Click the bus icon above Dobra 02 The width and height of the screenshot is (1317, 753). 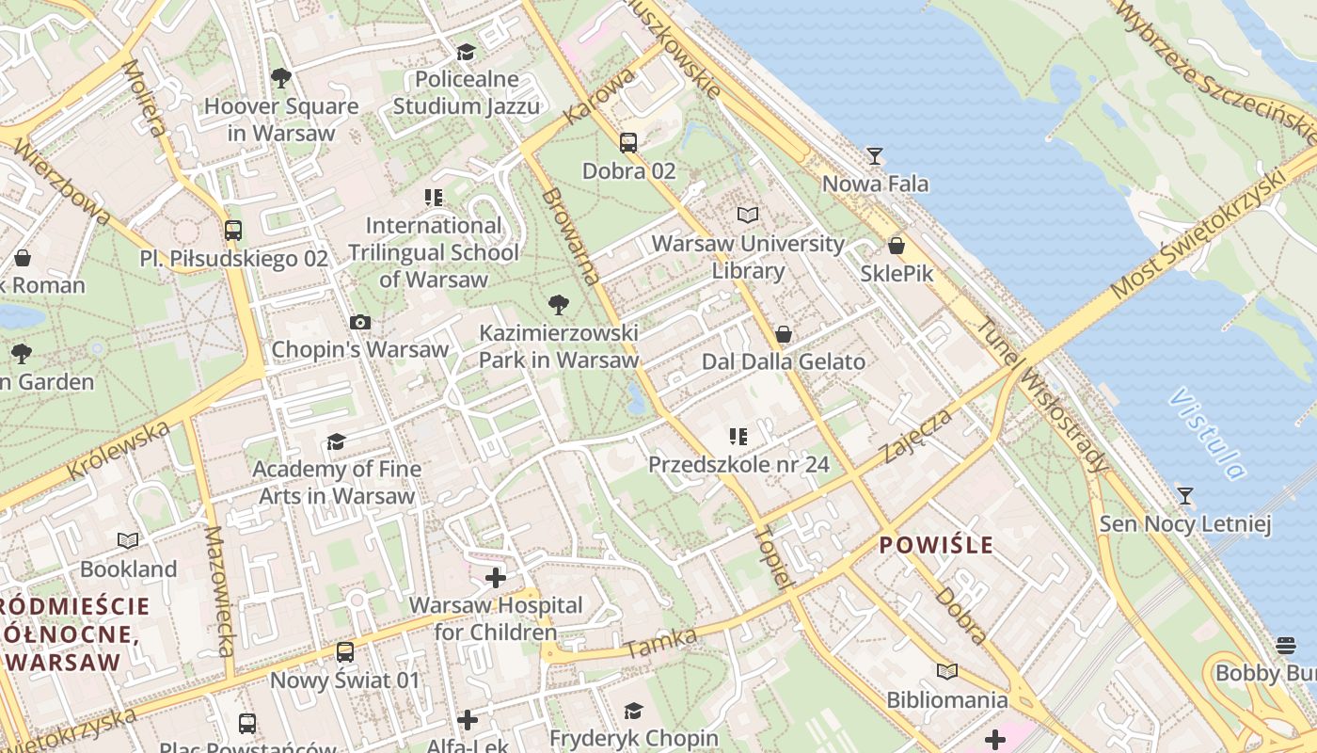tap(628, 143)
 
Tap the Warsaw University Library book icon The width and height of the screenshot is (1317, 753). tap(747, 216)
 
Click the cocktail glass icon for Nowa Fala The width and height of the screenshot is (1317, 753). tap(875, 155)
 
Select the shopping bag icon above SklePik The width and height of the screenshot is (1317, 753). tap(897, 246)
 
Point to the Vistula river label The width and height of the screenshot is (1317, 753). tap(1207, 434)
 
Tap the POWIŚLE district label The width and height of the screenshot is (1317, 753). tap(936, 545)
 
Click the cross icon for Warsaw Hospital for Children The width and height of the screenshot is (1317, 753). tap(496, 577)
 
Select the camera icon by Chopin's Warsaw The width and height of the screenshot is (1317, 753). tap(359, 322)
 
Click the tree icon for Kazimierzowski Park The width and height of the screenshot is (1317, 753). tap(558, 304)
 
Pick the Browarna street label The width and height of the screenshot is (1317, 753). tap(571, 235)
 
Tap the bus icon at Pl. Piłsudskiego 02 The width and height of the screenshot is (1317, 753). tap(233, 230)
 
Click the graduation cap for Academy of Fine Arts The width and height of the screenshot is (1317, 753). tap(336, 441)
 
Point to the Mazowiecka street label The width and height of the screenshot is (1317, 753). tap(219, 591)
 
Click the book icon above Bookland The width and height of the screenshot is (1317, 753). tap(128, 541)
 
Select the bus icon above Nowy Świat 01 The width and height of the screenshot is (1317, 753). tap(345, 651)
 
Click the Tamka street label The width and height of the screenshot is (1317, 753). tap(660, 643)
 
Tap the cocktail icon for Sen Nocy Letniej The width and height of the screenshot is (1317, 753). tap(1185, 495)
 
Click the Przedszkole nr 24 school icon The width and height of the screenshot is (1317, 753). tap(738, 436)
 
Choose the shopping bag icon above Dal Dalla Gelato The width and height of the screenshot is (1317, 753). tap(783, 334)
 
